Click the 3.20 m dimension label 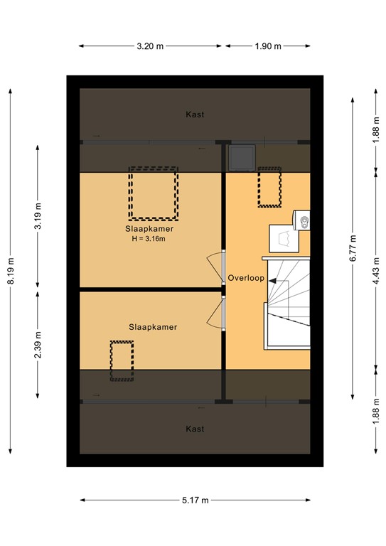coord(151,46)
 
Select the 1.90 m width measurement coord(267,46)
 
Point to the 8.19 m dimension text coord(11,270)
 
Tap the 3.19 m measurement coord(39,216)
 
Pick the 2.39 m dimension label coord(39,345)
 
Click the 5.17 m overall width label coord(195,500)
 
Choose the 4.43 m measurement coord(375,270)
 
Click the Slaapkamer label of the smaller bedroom coord(152,327)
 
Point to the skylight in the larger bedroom coord(152,193)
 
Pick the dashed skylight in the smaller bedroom coord(122,360)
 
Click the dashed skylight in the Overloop coord(269,187)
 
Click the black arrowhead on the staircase coord(272,280)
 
